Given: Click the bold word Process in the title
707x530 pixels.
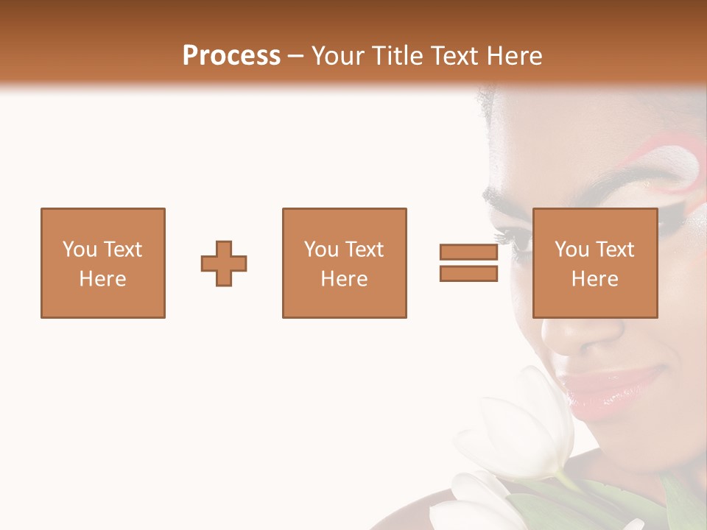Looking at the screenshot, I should [x=231, y=55].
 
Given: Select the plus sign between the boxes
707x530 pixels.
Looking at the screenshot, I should [x=224, y=264].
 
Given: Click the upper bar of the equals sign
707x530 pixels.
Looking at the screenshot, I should [x=468, y=252].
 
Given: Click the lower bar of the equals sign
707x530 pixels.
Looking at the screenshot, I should [x=468, y=274].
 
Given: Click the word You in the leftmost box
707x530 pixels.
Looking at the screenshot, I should [x=79, y=250].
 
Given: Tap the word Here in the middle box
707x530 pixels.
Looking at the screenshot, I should [x=344, y=279].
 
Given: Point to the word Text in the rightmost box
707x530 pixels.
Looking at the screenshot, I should [x=615, y=250].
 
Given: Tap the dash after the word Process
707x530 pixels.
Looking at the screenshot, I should [x=295, y=56].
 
